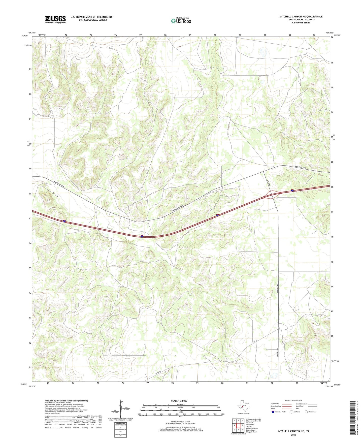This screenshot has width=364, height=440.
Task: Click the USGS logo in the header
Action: pyautogui.click(x=55, y=19)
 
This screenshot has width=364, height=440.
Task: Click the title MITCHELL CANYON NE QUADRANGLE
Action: pyautogui.click(x=301, y=17)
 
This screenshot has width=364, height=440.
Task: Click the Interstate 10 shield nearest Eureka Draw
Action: pyautogui.click(x=64, y=221)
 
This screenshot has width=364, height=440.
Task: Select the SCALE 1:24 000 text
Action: pyautogui.click(x=179, y=401)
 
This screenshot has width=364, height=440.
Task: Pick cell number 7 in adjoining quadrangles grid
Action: pyautogui.click(x=238, y=430)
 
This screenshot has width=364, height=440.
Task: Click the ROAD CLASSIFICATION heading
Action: pyautogui.click(x=293, y=400)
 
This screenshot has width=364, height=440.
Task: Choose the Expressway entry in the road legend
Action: pyautogui.click(x=275, y=404)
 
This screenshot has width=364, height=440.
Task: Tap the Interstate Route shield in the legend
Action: pyautogui.click(x=273, y=412)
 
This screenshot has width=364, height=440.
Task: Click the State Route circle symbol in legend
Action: pyautogui.click(x=306, y=412)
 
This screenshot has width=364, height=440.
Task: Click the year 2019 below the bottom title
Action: pyautogui.click(x=293, y=435)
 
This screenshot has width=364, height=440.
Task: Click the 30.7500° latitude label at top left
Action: pyautogui.click(x=24, y=36)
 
